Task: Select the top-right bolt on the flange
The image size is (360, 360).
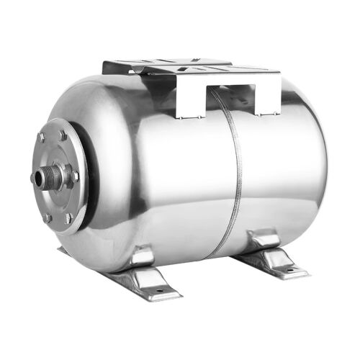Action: pyautogui.click(x=63, y=135)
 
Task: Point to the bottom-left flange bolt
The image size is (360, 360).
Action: pyautogui.click(x=48, y=216)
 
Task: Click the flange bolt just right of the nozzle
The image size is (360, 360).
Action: pyautogui.click(x=76, y=176)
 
